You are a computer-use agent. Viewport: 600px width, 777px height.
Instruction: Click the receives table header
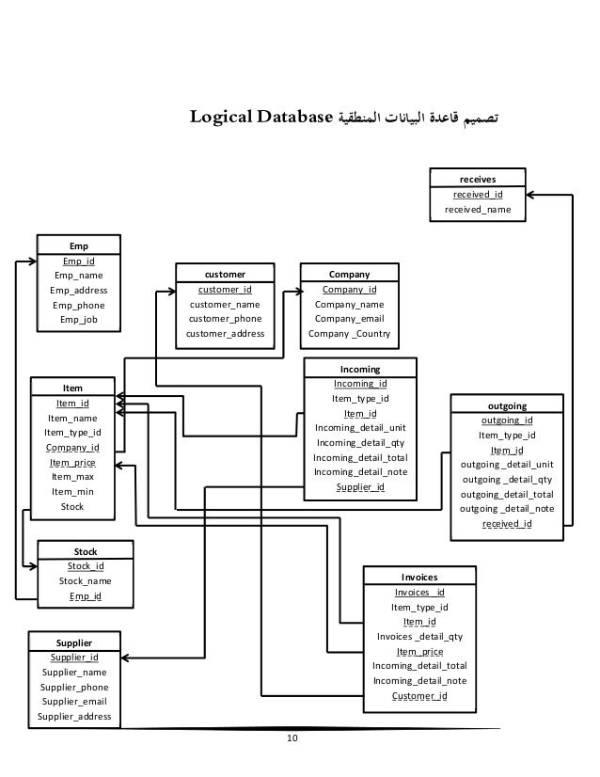tap(478, 177)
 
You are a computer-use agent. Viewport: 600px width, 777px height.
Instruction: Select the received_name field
tap(478, 210)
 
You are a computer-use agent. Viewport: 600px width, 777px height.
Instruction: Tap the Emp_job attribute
tap(78, 320)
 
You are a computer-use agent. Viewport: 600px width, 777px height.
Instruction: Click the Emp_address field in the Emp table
tap(78, 291)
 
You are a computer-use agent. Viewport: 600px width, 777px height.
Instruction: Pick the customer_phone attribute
tap(225, 319)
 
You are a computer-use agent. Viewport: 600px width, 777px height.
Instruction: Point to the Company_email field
tap(349, 319)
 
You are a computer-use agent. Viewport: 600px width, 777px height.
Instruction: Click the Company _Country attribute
tap(349, 334)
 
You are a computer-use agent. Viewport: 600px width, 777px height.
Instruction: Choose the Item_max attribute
tap(72, 477)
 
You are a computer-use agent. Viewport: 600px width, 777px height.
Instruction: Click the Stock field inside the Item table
tap(72, 507)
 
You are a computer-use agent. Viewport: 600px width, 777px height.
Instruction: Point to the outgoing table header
tap(507, 405)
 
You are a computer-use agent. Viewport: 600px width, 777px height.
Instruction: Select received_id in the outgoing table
tap(507, 524)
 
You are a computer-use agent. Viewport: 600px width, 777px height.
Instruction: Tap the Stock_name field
tap(85, 581)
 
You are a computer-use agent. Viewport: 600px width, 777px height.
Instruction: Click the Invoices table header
tap(418, 577)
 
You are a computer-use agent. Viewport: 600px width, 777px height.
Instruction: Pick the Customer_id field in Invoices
tap(418, 696)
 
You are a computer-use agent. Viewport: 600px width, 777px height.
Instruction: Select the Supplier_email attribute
tap(73, 702)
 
